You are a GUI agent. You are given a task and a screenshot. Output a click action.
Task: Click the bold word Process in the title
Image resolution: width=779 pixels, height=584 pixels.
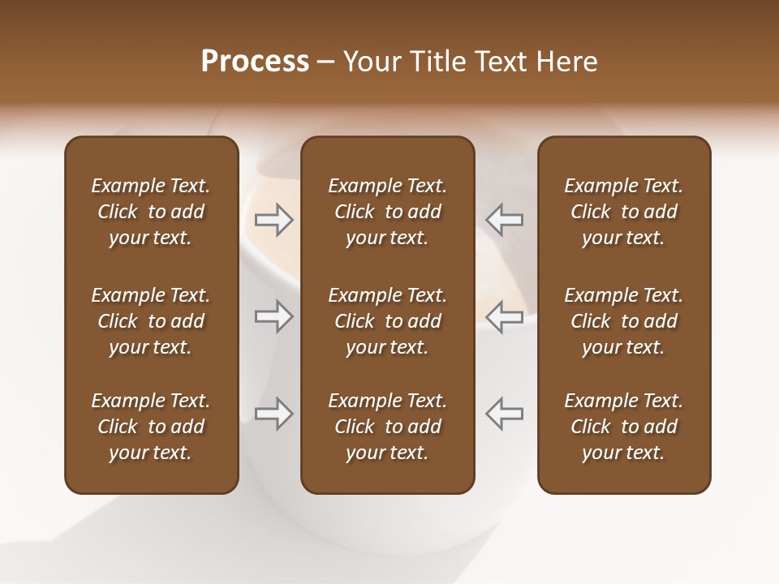pyautogui.click(x=255, y=62)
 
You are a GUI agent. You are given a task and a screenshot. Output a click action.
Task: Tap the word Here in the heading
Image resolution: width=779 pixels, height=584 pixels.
pyautogui.click(x=566, y=62)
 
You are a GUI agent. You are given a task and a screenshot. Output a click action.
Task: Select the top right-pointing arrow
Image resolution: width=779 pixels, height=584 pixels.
pyautogui.click(x=273, y=220)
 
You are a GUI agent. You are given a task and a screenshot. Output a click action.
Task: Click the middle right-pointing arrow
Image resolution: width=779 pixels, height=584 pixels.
pyautogui.click(x=273, y=316)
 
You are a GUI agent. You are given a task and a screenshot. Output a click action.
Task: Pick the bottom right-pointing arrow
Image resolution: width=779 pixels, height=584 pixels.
pyautogui.click(x=273, y=414)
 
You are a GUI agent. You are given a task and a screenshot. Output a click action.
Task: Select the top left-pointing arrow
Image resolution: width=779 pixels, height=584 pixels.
pyautogui.click(x=505, y=220)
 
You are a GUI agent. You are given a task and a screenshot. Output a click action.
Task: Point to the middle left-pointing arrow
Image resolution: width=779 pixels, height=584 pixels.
pyautogui.click(x=505, y=316)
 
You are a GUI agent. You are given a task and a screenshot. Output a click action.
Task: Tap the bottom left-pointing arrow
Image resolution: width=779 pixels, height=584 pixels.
pyautogui.click(x=505, y=414)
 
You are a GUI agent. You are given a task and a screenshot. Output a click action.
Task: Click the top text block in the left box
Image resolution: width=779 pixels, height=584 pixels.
pyautogui.click(x=151, y=212)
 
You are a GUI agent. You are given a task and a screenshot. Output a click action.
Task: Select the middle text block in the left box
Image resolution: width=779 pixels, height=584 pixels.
pyautogui.click(x=151, y=321)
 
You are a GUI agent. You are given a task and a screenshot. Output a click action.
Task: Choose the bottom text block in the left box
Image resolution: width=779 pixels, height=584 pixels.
pyautogui.click(x=151, y=427)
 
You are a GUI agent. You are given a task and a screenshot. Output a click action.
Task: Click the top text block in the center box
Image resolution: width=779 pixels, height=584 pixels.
pyautogui.click(x=387, y=212)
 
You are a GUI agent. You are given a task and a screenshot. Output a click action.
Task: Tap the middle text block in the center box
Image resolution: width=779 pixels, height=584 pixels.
pyautogui.click(x=387, y=321)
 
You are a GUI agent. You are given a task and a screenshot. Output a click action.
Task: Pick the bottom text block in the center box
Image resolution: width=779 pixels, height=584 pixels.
pyautogui.click(x=387, y=427)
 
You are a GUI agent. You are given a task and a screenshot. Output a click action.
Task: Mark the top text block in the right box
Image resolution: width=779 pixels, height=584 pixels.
pyautogui.click(x=623, y=212)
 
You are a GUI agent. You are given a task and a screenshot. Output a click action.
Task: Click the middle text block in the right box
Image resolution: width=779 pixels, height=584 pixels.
pyautogui.click(x=623, y=321)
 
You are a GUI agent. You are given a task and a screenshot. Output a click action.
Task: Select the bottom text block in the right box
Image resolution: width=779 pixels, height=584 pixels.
pyautogui.click(x=623, y=427)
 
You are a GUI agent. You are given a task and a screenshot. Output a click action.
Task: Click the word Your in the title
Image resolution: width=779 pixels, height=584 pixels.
pyautogui.click(x=369, y=62)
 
